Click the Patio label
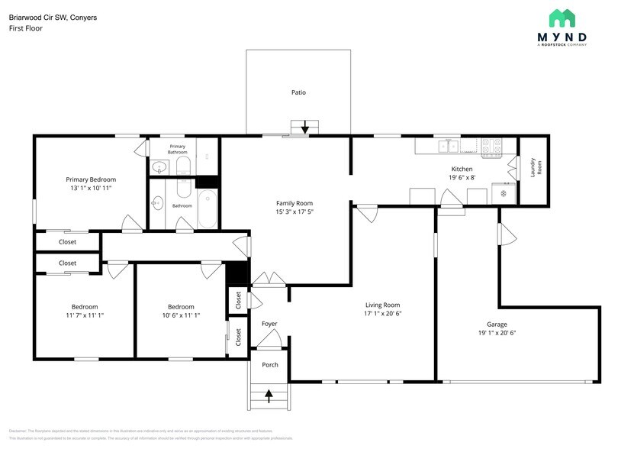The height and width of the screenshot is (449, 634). tap(298, 92)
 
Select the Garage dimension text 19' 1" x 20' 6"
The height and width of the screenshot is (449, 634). tap(497, 333)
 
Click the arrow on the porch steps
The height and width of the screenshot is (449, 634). tap(269, 395)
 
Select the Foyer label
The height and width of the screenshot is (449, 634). tap(269, 324)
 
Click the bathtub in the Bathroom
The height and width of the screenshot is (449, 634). tap(208, 209)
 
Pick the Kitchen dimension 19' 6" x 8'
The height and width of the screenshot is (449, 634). tap(462, 177)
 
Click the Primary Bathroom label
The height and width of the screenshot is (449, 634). tap(177, 149)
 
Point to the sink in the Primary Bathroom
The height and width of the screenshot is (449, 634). tap(160, 167)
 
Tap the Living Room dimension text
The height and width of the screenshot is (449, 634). tap(382, 313)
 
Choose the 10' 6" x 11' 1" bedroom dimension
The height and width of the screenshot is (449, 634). tap(181, 315)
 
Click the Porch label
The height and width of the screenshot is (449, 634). tap(270, 364)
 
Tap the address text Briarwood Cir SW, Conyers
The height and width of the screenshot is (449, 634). tap(52, 17)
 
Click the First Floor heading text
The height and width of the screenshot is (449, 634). tap(25, 28)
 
